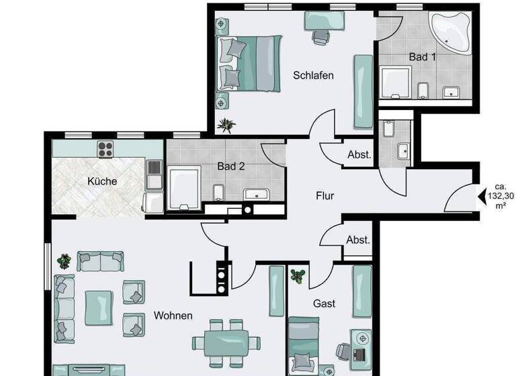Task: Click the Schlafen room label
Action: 313,75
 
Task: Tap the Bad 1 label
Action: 422,57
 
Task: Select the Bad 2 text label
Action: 230,166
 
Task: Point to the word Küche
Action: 102,181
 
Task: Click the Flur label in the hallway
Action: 325,197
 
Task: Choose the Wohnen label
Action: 173,316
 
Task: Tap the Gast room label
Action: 324,303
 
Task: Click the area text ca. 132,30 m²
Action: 500,195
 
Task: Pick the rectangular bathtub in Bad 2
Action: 182,185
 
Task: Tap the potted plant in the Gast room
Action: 298,275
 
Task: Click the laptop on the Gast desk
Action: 357,353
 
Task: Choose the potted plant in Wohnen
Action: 64,260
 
